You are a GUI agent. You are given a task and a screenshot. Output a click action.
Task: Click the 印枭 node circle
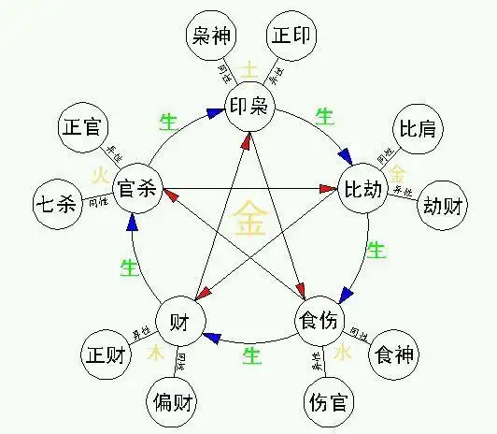248,106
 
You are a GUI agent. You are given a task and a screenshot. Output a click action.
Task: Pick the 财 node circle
179,322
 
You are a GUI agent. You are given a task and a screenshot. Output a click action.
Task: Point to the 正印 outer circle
292,37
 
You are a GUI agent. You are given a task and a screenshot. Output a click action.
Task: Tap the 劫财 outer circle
441,206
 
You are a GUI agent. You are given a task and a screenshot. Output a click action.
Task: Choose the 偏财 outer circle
171,404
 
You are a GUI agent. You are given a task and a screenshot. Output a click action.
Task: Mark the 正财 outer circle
103,354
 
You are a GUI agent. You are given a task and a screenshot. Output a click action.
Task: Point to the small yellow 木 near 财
156,355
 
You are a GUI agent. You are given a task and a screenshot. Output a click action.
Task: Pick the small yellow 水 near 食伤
342,354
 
